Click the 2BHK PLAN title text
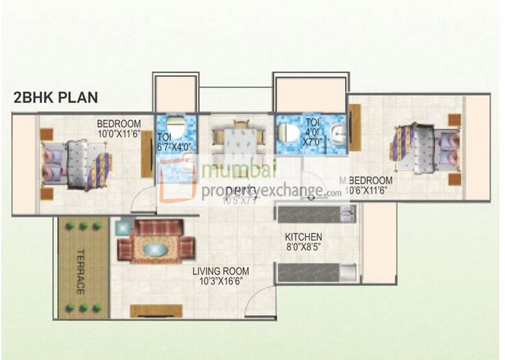56,98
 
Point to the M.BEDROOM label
366,180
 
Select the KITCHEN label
304,236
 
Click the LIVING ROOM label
221,271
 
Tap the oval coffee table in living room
155,249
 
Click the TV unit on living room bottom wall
156,311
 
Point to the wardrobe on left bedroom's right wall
147,154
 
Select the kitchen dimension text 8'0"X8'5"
304,247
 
